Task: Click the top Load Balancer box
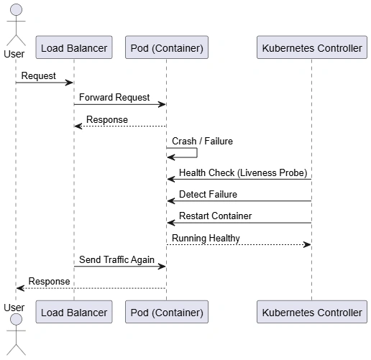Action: click(74, 47)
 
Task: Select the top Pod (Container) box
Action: click(167, 47)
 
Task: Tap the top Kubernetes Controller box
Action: click(312, 47)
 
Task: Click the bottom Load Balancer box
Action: click(74, 312)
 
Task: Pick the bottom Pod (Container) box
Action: click(167, 312)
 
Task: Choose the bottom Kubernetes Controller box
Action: click(312, 312)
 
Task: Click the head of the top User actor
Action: click(16, 10)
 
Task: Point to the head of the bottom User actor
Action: click(16, 320)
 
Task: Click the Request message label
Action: click(39, 76)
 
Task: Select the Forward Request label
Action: click(114, 98)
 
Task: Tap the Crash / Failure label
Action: click(202, 141)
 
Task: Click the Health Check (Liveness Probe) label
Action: click(243, 172)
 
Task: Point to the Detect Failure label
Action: click(208, 194)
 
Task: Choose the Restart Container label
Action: click(215, 216)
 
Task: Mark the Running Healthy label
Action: click(206, 238)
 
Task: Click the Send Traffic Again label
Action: click(116, 259)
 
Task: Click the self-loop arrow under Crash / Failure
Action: click(197, 153)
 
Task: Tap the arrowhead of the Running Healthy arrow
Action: click(307, 244)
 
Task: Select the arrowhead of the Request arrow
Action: click(69, 83)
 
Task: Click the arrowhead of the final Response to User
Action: click(20, 288)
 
